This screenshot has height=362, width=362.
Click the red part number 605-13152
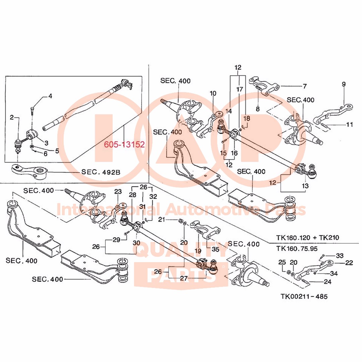[x=124, y=145]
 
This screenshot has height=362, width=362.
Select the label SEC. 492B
[x=101, y=172]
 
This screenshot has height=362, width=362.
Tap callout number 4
[x=50, y=96]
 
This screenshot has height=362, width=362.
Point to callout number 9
[x=344, y=84]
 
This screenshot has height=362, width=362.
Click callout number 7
[x=304, y=86]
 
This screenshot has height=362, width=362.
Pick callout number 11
[x=350, y=124]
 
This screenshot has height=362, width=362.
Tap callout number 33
[x=340, y=255]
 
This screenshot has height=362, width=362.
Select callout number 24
[x=327, y=282]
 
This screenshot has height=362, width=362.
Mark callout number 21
[x=162, y=220]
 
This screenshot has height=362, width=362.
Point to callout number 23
[x=118, y=191]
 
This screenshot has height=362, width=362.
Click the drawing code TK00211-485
[x=304, y=296]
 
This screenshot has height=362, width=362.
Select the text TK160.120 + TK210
[x=307, y=238]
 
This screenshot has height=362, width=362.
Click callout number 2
[x=12, y=117]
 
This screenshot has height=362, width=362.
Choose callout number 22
[x=349, y=263]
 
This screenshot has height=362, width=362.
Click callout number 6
[x=45, y=154]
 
